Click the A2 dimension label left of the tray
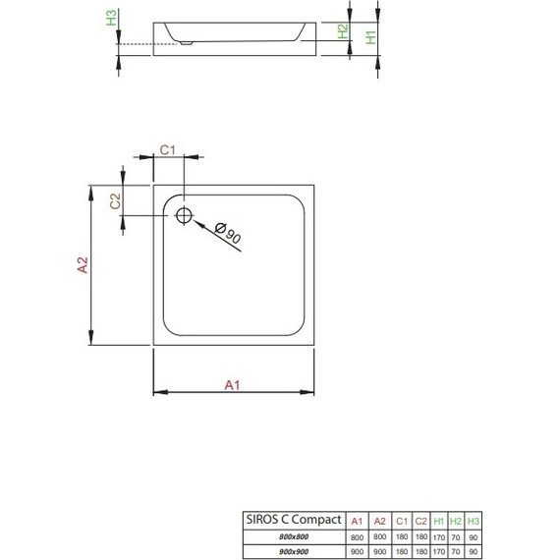83,265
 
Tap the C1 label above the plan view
167,149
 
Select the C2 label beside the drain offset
115,201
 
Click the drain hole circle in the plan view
184,215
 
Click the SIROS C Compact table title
292,519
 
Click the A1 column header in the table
358,519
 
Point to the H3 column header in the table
474,519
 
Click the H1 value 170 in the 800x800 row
438,535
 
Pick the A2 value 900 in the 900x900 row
380,550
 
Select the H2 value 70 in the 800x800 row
456,535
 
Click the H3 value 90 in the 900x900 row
474,550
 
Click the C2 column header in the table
420,519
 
